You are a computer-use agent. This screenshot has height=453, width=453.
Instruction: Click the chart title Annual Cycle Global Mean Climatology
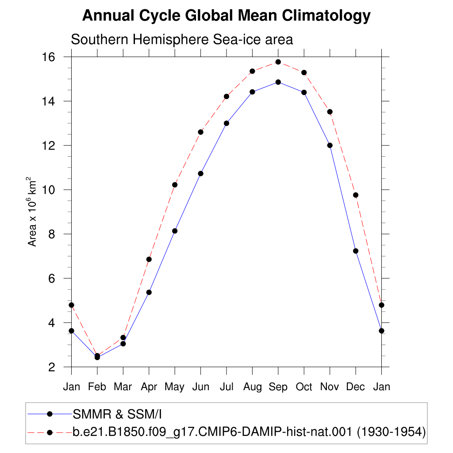point(226,16)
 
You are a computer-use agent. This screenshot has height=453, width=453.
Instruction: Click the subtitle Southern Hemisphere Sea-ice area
point(182,39)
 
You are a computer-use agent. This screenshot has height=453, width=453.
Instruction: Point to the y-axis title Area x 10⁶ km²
point(32,212)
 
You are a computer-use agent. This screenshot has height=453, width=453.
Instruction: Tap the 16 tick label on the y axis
point(49,57)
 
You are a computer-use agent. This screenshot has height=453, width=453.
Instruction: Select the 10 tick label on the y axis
point(49,190)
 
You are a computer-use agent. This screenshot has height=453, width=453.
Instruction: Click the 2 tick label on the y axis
point(52,367)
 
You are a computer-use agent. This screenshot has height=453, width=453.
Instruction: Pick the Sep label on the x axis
point(278,387)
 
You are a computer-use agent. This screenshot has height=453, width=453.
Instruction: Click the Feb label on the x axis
point(97,387)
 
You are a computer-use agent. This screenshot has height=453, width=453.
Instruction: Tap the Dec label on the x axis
point(355,387)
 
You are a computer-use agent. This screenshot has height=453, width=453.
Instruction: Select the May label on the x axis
point(174,387)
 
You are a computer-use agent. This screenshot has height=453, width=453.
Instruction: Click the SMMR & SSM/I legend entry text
point(117,414)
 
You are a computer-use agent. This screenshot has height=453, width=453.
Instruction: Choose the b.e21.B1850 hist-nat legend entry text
point(249,432)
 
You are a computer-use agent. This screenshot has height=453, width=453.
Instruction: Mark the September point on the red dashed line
point(278,62)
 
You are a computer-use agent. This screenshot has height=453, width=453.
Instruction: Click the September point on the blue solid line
point(278,82)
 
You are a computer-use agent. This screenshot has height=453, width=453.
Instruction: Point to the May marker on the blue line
point(175,231)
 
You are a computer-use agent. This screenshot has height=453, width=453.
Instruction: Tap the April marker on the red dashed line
point(149,259)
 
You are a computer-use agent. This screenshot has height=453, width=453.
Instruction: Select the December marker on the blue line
point(356,251)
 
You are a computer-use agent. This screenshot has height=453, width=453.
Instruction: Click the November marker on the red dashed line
point(330,112)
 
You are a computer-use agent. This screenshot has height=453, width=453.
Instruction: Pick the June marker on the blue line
point(200,173)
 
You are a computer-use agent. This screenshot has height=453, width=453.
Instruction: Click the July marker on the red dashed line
point(226,96)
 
